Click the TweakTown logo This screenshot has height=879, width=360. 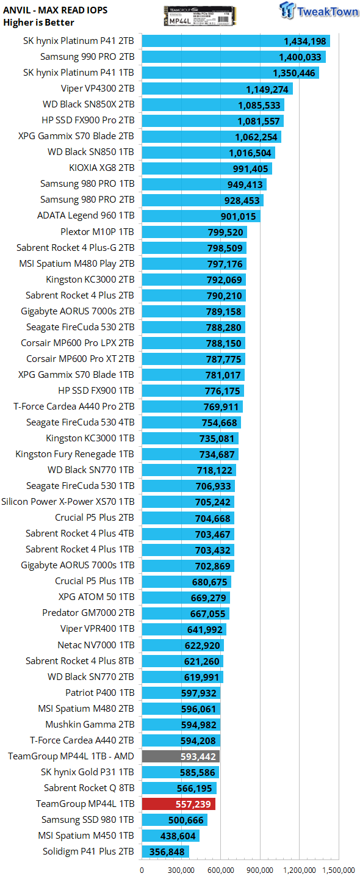(x=319, y=10)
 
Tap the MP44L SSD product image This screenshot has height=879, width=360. (x=200, y=16)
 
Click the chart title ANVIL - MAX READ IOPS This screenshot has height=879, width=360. (x=56, y=10)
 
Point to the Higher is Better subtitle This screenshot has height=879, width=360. (x=38, y=23)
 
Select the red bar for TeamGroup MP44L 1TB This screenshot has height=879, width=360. (x=178, y=804)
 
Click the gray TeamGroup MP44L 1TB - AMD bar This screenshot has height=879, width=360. (x=181, y=756)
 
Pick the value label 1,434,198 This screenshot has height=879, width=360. (x=304, y=42)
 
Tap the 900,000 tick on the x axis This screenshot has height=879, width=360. (x=259, y=870)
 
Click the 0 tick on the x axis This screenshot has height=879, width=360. (x=142, y=870)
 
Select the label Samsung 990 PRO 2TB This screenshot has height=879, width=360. (x=87, y=57)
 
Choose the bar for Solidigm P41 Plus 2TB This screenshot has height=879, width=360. (x=165, y=851)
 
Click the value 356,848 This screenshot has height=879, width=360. (x=167, y=852)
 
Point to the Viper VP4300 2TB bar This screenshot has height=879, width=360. (x=217, y=89)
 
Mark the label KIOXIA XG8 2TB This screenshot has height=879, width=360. (x=102, y=167)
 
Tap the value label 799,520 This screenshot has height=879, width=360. (x=226, y=233)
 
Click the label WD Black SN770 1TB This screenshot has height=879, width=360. (x=91, y=470)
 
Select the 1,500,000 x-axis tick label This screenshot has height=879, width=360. (x=339, y=870)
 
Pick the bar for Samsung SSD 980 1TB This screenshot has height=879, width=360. (x=175, y=820)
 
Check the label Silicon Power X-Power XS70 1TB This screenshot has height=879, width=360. (x=68, y=502)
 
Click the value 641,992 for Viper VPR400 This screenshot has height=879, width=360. (x=204, y=630)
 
